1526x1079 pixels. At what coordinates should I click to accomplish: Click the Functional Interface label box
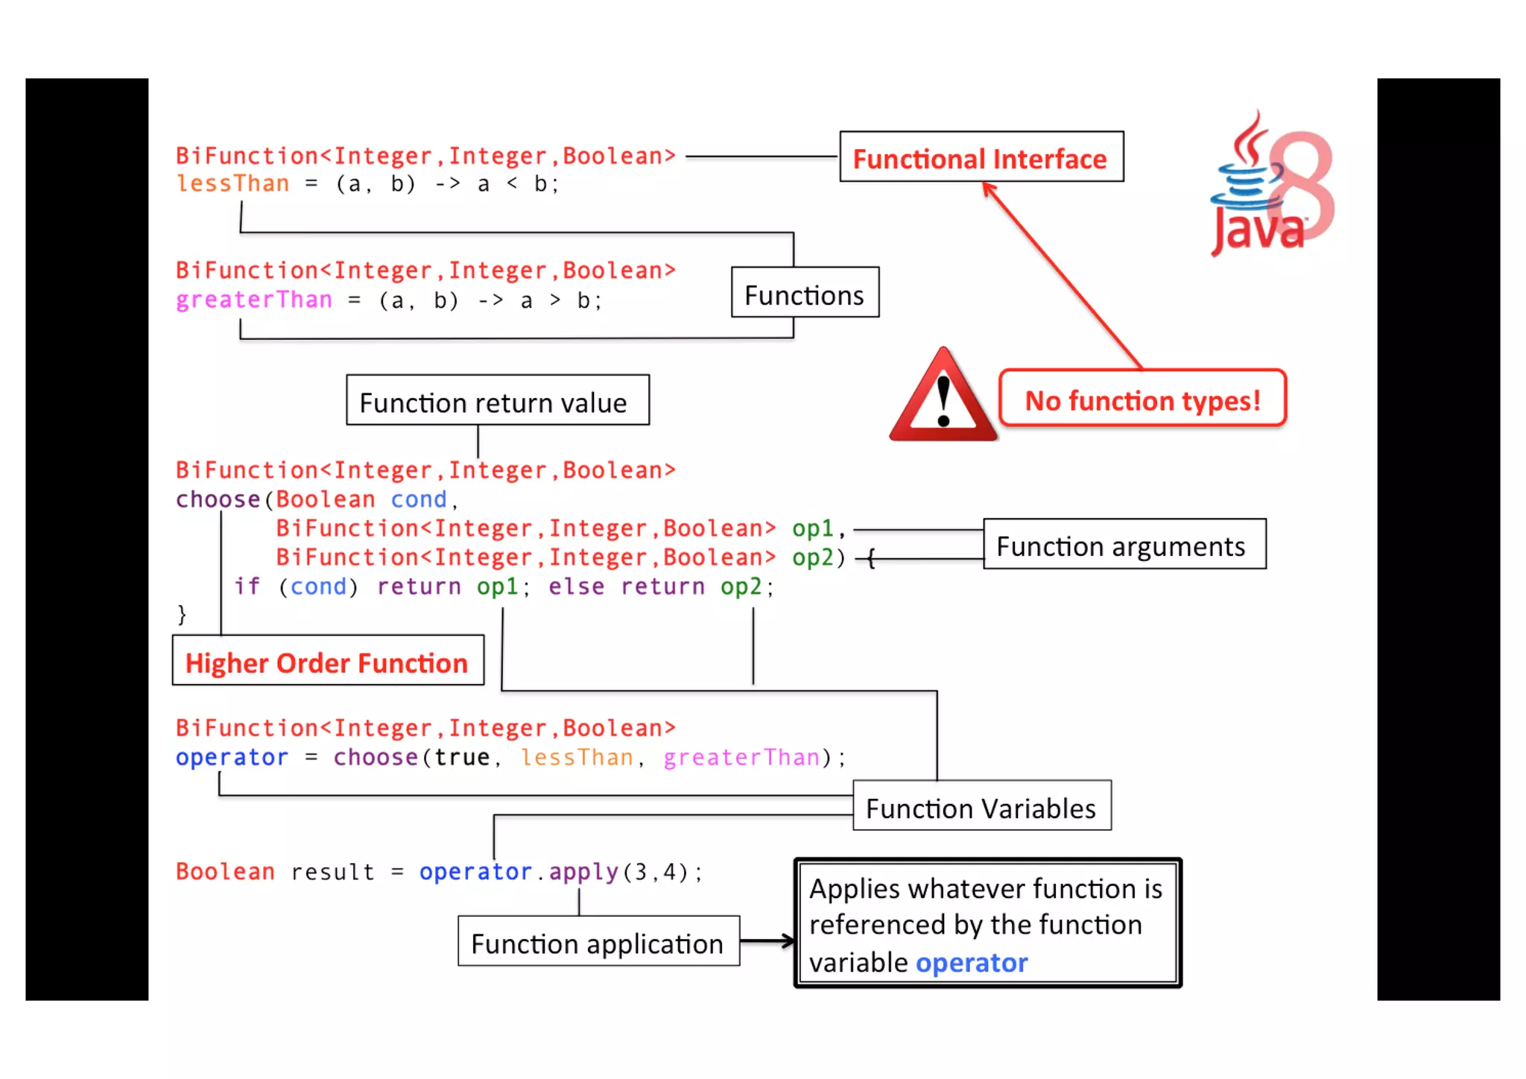click(981, 157)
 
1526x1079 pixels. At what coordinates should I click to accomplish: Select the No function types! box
click(1142, 400)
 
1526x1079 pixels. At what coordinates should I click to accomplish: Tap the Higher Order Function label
click(327, 662)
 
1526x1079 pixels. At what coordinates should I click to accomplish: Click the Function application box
click(598, 942)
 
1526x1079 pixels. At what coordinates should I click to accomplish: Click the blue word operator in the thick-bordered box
click(972, 962)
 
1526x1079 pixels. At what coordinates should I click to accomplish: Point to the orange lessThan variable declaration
click(232, 183)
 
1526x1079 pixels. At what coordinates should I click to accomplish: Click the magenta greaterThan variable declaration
click(254, 300)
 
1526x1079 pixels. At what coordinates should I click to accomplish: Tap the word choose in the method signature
click(218, 499)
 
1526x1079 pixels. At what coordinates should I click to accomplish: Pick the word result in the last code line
click(332, 872)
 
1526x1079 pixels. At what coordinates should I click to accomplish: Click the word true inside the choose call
click(462, 758)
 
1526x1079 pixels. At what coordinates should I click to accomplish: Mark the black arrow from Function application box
click(767, 942)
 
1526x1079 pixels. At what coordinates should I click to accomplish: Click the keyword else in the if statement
click(576, 587)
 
